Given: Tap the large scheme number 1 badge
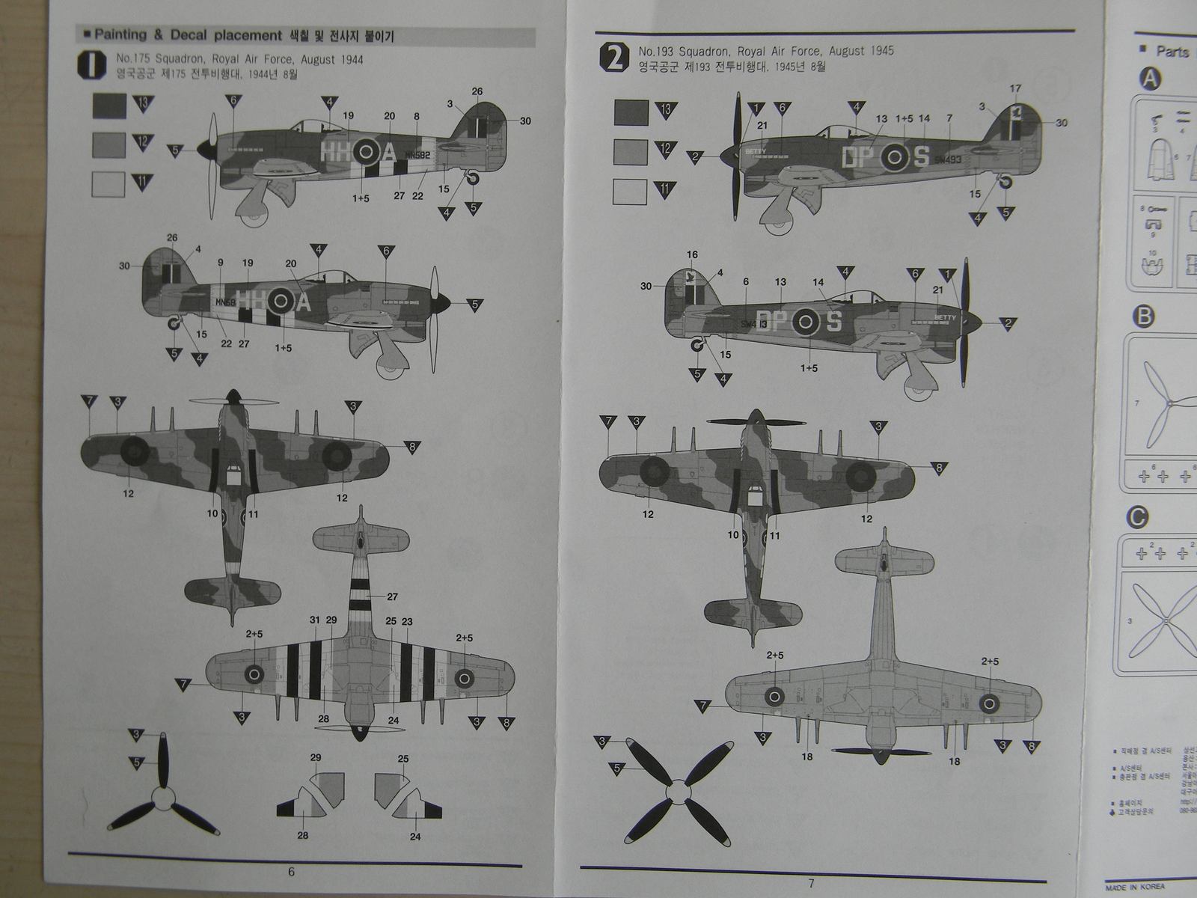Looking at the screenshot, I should click(x=91, y=64).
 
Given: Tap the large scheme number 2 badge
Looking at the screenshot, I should click(x=614, y=58).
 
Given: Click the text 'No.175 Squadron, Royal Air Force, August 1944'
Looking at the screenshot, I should click(x=239, y=59).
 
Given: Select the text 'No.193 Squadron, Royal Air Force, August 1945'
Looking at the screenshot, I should click(x=765, y=51).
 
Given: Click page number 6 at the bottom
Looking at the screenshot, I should click(x=291, y=871).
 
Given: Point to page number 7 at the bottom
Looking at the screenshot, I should click(x=811, y=883).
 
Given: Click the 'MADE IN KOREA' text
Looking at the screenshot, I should click(x=1135, y=887).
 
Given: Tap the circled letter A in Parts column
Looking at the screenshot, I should click(x=1150, y=79).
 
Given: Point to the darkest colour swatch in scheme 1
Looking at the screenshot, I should click(x=109, y=105).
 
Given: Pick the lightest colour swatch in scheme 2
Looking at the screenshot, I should click(x=630, y=192).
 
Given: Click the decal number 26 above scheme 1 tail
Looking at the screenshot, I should click(x=477, y=91).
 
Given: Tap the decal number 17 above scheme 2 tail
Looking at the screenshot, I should click(x=1015, y=88).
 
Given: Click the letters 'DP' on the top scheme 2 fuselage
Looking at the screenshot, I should click(x=857, y=157).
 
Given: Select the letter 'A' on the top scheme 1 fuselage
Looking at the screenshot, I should click(x=388, y=153).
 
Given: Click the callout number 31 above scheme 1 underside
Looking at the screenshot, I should click(x=314, y=620).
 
